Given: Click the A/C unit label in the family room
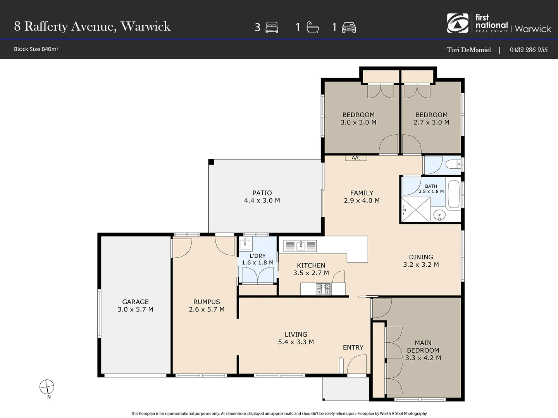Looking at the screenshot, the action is pos(356,158).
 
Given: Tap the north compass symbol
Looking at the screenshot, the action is pos(47,387).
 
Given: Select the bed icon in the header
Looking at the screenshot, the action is pos(272,27).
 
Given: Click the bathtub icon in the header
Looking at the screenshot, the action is pos(313,27).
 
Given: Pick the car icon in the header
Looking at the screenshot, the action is pos(349,27).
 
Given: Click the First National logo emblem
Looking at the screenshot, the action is pos(458,23).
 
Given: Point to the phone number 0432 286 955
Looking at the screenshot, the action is pos(529,50).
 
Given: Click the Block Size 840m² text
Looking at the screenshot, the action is pos(36,49).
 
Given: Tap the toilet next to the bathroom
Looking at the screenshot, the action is pos(453,164).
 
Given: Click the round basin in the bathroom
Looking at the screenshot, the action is pos(439,215).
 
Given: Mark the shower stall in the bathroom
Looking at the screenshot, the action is pos(416,209).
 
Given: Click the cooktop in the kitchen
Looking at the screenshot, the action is pos(323,289).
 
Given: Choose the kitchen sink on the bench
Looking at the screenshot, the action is pos(300,246).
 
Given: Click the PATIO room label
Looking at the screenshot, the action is pos(262,193).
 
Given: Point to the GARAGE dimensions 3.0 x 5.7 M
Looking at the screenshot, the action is pos(135,309).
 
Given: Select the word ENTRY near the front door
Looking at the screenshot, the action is pos(353,348).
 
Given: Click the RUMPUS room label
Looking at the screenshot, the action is pos(207,302).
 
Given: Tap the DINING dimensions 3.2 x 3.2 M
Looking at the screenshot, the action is pos(421,265).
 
